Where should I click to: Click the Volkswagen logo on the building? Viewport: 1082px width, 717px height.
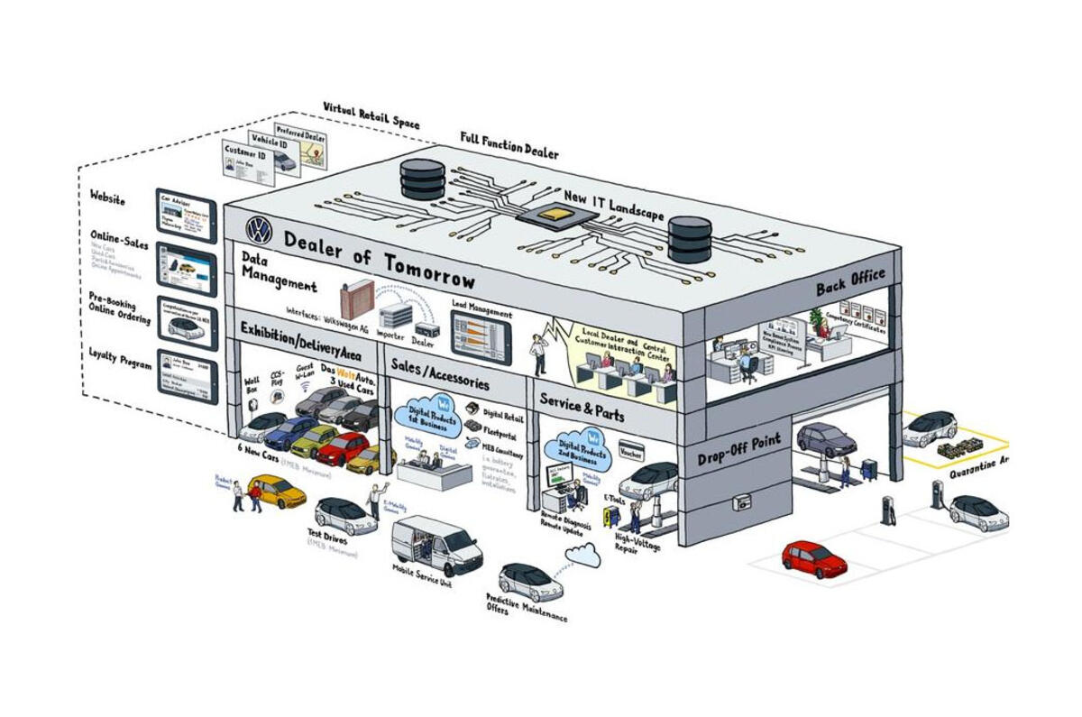pyautogui.click(x=259, y=231)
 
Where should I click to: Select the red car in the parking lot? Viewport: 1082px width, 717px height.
pyautogui.click(x=813, y=558)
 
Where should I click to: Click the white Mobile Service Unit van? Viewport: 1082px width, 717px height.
pyautogui.click(x=436, y=541)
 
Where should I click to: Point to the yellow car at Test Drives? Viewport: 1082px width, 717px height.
pyautogui.click(x=277, y=492)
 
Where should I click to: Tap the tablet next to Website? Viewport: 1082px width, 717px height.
pyautogui.click(x=186, y=214)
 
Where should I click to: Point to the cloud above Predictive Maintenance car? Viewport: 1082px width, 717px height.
pyautogui.click(x=583, y=557)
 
